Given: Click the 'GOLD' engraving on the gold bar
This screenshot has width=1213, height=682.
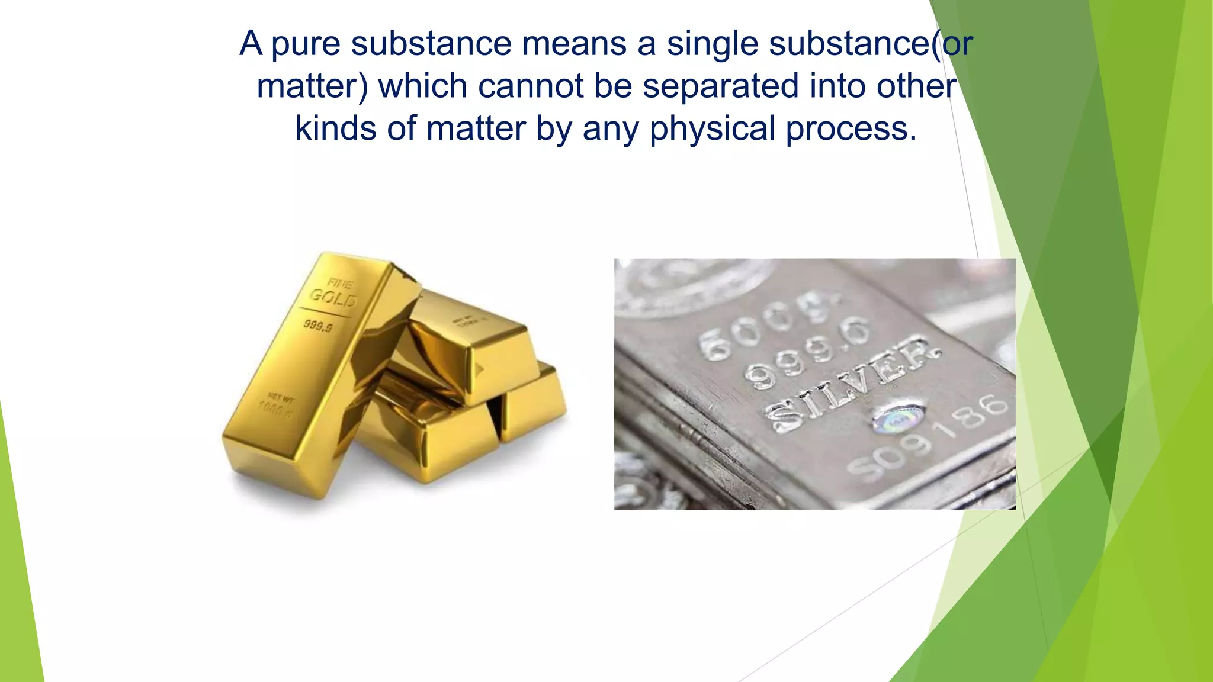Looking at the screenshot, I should point(333,298).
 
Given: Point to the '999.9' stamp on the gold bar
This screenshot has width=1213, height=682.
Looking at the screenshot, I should point(319,326).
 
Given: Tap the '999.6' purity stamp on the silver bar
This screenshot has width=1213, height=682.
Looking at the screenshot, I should point(808,353).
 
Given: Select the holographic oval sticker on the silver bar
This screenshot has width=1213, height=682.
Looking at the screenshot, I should point(898,417).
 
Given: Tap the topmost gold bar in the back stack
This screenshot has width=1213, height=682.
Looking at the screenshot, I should point(468,343).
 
